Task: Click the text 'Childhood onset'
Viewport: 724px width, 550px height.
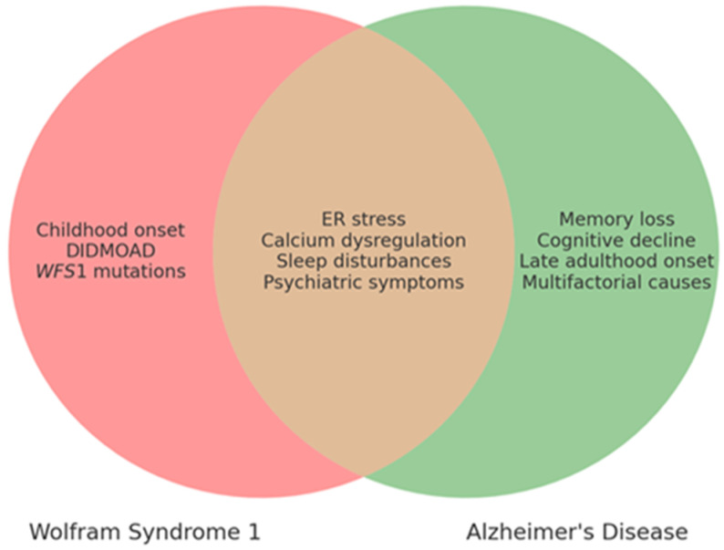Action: (110, 230)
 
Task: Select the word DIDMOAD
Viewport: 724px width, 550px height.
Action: (111, 250)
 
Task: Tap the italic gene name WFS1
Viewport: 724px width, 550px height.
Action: (61, 271)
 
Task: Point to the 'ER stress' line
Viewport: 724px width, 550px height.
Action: (364, 219)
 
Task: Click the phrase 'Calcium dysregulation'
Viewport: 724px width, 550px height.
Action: (364, 240)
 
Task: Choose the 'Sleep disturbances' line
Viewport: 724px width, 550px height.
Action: (364, 261)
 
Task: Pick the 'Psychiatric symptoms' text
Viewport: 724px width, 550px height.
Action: (364, 282)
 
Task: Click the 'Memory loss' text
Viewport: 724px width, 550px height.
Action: (617, 219)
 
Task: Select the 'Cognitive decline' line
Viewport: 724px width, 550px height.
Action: (616, 240)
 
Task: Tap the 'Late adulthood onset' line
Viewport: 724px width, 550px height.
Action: (617, 261)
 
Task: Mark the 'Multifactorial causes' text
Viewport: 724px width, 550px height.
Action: (616, 282)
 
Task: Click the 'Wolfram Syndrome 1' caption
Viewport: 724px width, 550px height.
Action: (145, 532)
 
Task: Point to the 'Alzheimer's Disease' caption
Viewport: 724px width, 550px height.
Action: (577, 532)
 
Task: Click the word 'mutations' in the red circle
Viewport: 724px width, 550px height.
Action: (140, 271)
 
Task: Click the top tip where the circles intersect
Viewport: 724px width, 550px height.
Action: (364, 27)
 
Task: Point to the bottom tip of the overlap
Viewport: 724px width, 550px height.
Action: (364, 475)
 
